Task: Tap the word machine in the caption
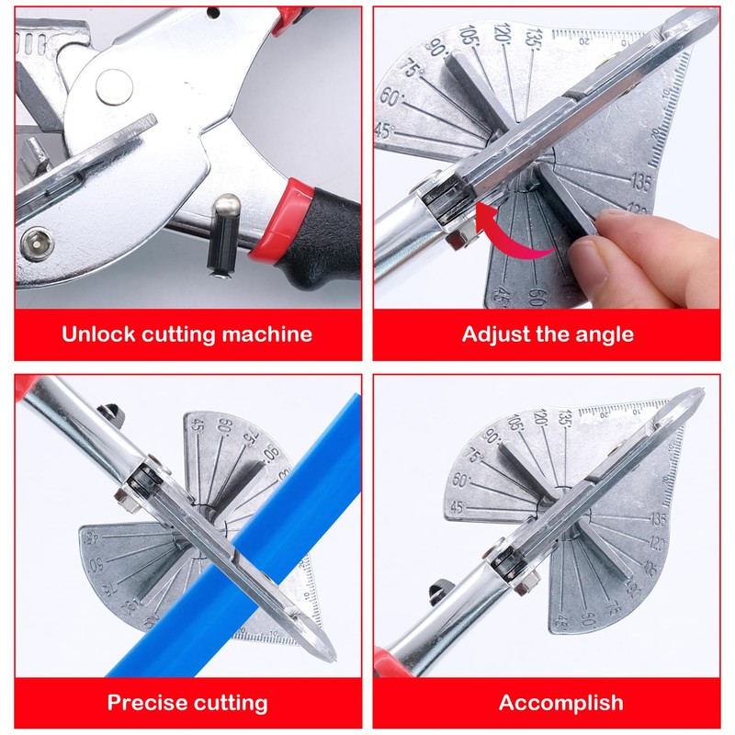tap(267, 334)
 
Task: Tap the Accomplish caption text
tap(560, 704)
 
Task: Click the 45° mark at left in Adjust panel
tap(384, 130)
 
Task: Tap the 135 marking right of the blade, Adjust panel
tap(640, 182)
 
